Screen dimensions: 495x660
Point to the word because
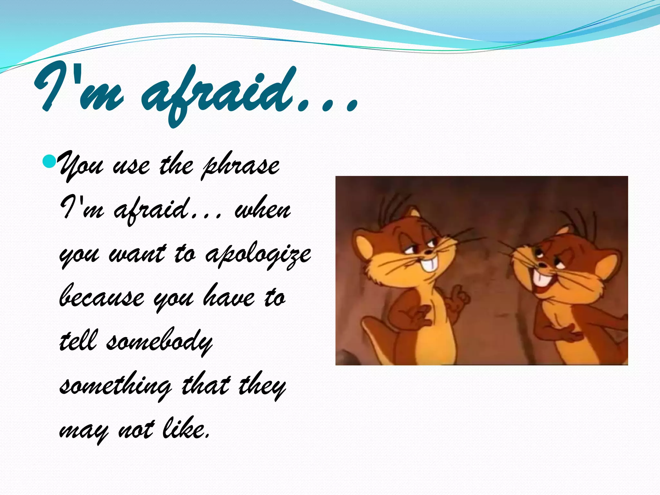click(102, 298)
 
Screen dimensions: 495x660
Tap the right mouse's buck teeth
click(540, 278)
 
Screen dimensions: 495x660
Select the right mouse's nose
click(543, 265)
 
